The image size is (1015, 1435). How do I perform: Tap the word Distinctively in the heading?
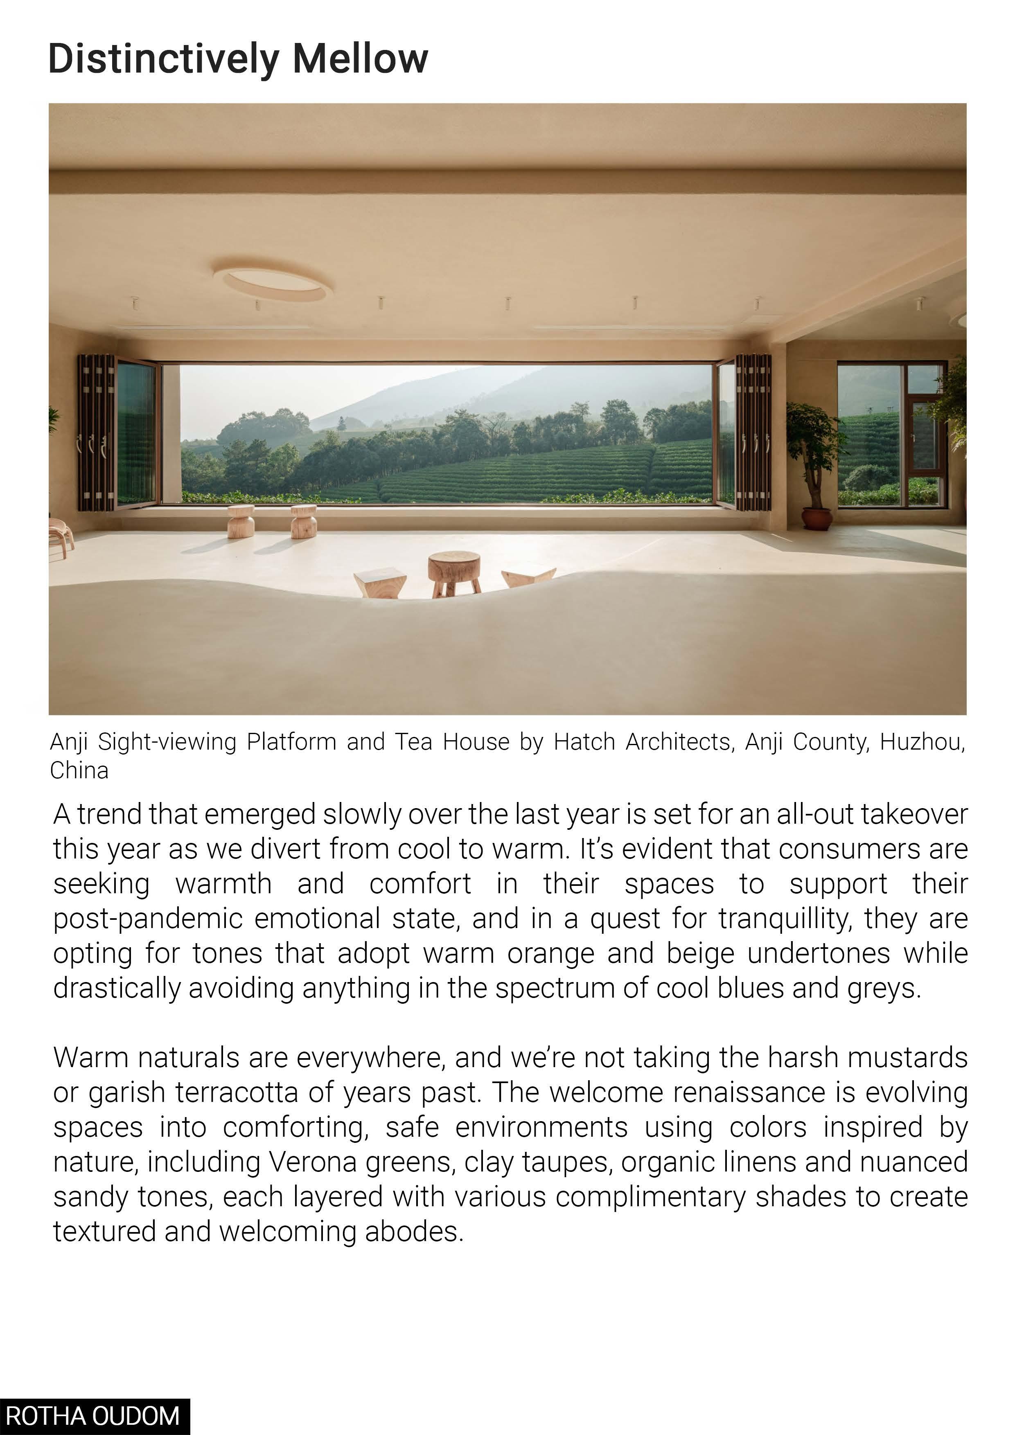click(x=163, y=59)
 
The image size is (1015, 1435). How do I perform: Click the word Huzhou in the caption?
click(x=922, y=742)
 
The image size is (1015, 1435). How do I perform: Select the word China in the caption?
click(x=79, y=770)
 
